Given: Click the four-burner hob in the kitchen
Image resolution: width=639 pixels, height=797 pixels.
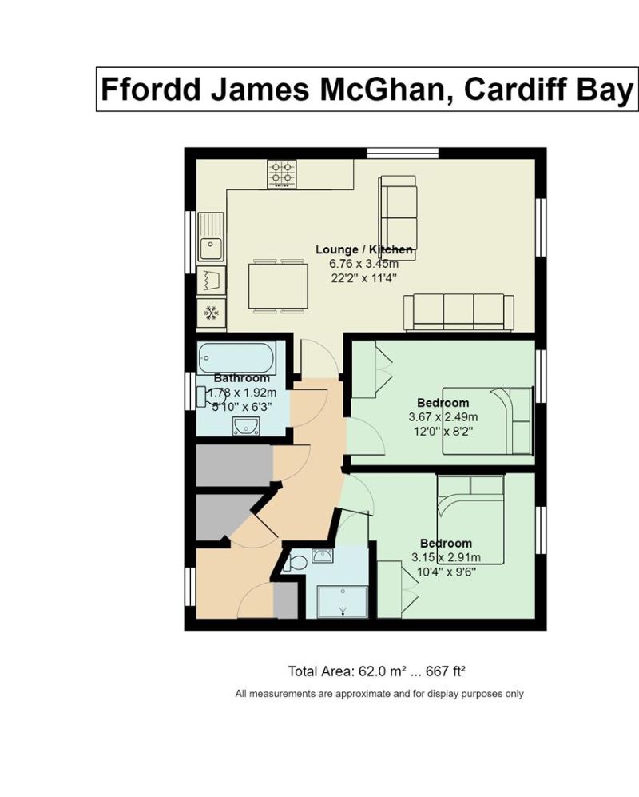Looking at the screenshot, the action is coord(282,174).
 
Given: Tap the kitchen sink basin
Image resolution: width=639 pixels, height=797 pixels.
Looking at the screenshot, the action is coord(210,249).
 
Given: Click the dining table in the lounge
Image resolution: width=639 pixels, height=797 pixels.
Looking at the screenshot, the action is coord(278,285).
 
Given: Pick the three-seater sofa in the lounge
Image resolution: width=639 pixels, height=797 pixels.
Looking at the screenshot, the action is coord(458,312).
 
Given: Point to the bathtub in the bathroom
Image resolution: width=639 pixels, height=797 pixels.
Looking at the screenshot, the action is coord(236,358).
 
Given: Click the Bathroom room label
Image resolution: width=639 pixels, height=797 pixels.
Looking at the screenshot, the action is coord(242,378).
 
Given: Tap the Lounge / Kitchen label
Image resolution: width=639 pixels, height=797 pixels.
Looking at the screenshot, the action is coord(364,249).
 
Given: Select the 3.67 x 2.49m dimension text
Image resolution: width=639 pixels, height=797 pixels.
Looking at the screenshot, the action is coord(443,417).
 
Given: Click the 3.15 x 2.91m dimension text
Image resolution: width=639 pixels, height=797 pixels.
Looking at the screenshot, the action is coord(446,557).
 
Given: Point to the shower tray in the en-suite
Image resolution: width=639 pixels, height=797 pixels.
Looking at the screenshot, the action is coord(343,602).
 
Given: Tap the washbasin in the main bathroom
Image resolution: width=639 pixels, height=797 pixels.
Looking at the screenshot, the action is coord(246,426).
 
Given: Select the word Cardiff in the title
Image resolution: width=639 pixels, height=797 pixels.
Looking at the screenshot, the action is coord(517,89).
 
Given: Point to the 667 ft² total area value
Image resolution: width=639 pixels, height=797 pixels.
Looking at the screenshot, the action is coord(446,671).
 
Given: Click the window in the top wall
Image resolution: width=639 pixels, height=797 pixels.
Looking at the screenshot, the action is coord(403,153).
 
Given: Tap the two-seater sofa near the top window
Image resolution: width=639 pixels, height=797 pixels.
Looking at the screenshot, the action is coord(398,218).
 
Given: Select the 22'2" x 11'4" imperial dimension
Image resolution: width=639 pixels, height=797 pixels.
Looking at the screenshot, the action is coord(363,278).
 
